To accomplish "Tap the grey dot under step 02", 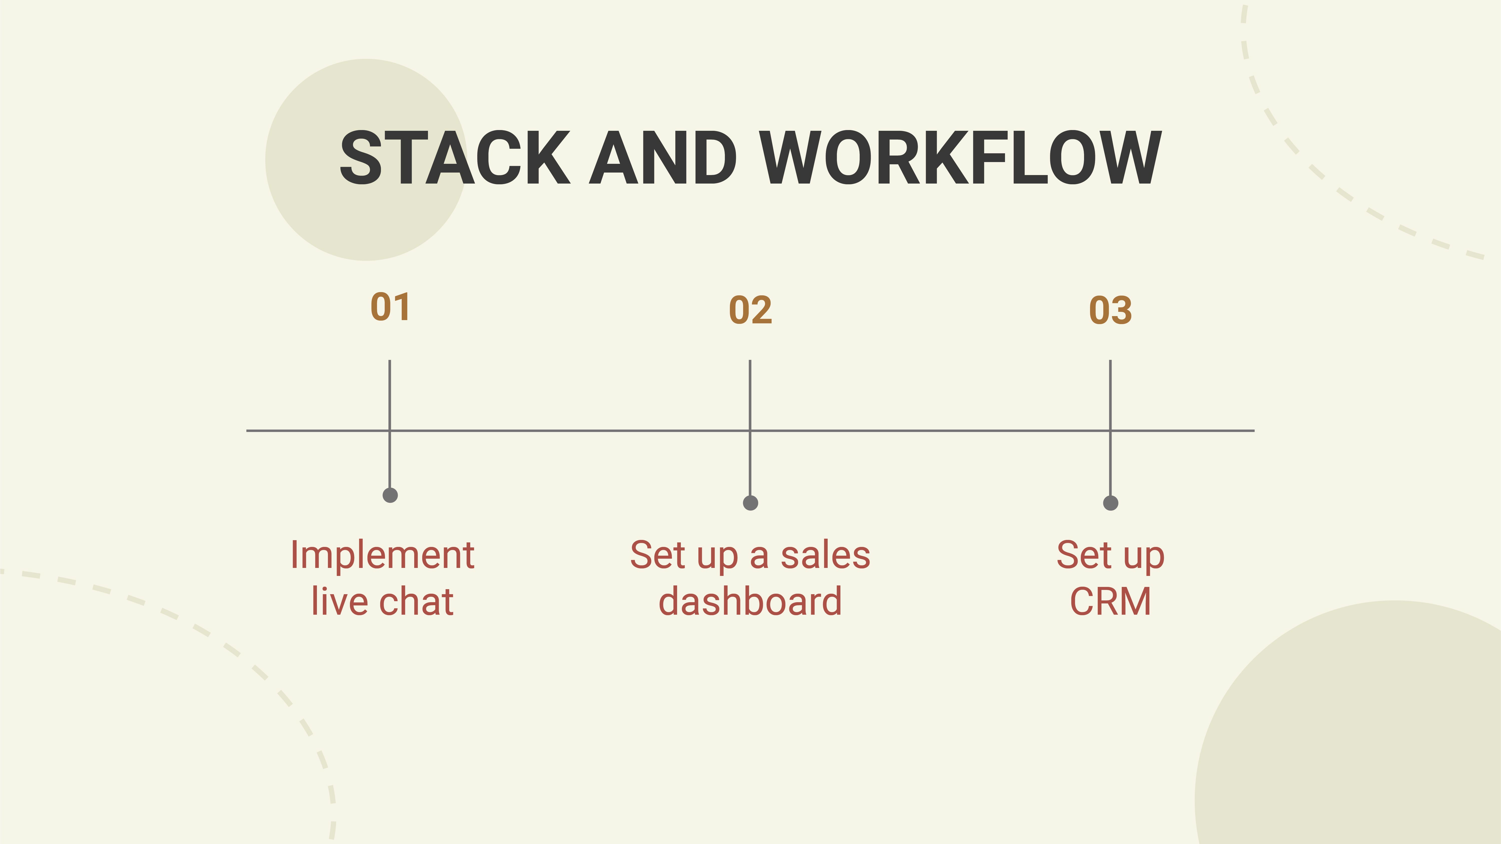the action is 750,503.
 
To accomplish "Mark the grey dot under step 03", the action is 1111,503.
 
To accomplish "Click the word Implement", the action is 382,556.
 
